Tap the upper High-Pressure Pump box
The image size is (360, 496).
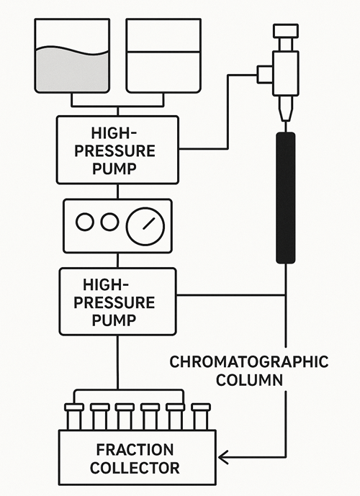[117, 150]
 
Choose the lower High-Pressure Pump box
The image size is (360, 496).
[117, 302]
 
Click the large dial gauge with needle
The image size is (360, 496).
[145, 226]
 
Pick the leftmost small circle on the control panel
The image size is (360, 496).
[85, 222]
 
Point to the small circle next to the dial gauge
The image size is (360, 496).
[109, 222]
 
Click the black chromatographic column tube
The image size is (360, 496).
[286, 198]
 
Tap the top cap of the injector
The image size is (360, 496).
[286, 31]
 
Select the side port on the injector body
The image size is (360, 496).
[265, 75]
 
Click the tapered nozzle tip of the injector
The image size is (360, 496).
[286, 109]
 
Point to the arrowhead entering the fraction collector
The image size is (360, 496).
[223, 457]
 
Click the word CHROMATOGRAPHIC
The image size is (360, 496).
[249, 362]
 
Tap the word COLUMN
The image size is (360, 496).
[249, 380]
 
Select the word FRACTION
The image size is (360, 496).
[135, 450]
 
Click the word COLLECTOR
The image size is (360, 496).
[135, 468]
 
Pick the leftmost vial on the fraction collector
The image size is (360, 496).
[74, 417]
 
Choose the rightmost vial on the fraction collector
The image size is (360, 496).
[201, 417]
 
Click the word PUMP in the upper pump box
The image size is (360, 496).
[114, 168]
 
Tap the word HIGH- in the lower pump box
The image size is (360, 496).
[106, 284]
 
